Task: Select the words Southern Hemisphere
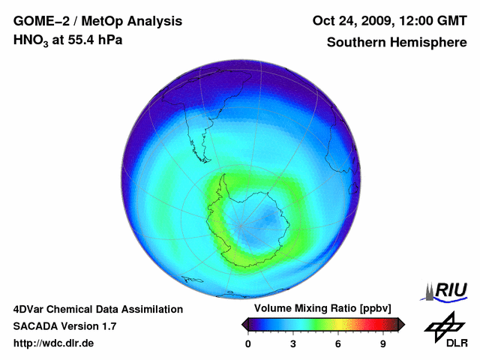click(x=395, y=43)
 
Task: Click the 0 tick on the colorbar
click(x=248, y=343)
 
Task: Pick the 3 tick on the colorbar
click(x=293, y=343)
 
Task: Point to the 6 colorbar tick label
click(x=338, y=343)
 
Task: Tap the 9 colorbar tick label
click(x=383, y=343)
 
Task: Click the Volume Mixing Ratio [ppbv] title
click(x=320, y=308)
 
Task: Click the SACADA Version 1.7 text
click(x=64, y=326)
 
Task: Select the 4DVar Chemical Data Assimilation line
click(x=97, y=309)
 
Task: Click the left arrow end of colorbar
click(x=245, y=324)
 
